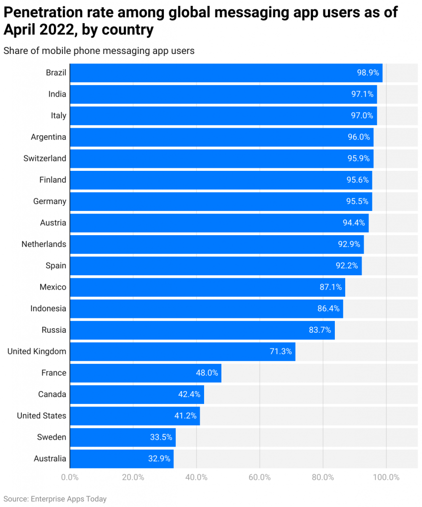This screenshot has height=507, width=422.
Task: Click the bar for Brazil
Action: click(226, 73)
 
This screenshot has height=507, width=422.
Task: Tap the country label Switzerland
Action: click(45, 158)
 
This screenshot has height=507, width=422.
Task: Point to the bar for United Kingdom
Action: click(182, 352)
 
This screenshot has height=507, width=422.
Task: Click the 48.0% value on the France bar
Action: click(207, 373)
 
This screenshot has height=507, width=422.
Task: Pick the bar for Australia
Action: click(121, 458)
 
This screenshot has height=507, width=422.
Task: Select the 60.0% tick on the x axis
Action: click(260, 477)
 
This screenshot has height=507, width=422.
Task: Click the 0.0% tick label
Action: click(70, 477)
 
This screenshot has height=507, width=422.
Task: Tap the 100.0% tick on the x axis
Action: click(386, 477)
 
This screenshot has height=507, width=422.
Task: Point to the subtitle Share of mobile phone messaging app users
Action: click(99, 51)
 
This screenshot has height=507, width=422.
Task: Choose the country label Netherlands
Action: click(44, 244)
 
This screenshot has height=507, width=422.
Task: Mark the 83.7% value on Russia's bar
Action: click(319, 330)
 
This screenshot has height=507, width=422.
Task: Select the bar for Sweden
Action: click(122, 437)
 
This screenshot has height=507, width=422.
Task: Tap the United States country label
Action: click(41, 415)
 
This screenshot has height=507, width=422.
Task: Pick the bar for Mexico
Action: click(207, 287)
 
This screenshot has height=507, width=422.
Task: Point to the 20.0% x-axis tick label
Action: click(133, 477)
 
